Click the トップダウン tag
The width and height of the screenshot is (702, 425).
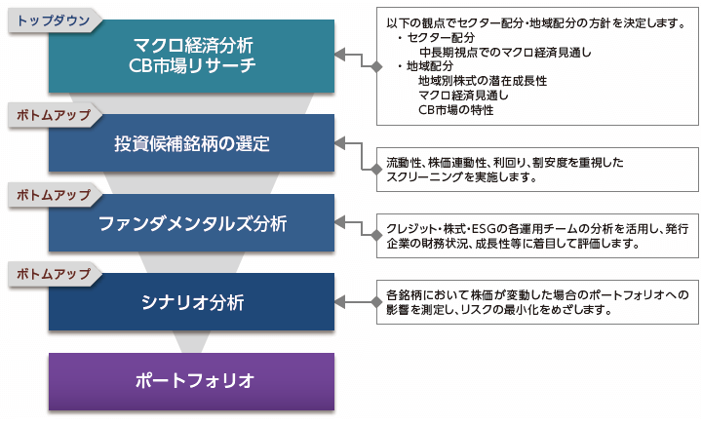(x=54, y=20)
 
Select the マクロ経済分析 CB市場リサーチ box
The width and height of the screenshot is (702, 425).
(x=192, y=56)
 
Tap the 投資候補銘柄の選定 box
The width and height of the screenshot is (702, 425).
(x=192, y=143)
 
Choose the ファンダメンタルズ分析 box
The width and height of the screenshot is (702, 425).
(x=192, y=223)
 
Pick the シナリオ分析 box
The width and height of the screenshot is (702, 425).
(x=192, y=302)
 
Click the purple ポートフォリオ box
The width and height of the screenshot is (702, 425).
(x=192, y=381)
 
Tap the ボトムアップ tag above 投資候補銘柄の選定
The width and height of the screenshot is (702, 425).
(x=54, y=115)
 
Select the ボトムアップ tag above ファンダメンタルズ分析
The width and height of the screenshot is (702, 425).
(x=54, y=195)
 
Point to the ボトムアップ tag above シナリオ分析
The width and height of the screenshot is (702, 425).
(x=54, y=274)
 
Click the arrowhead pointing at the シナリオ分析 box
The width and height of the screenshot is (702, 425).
(x=340, y=302)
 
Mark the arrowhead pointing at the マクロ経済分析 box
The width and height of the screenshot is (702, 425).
(x=340, y=55)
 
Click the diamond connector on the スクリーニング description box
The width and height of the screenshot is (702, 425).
(x=376, y=170)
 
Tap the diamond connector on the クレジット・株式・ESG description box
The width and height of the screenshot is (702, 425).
(x=376, y=235)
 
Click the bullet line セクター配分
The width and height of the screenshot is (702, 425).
(x=436, y=38)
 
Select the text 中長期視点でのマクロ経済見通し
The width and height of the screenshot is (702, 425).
(x=505, y=53)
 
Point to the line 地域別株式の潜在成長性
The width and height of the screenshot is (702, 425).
(x=483, y=81)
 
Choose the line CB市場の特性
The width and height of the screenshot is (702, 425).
(x=455, y=110)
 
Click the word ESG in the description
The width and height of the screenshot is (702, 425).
(x=483, y=229)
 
